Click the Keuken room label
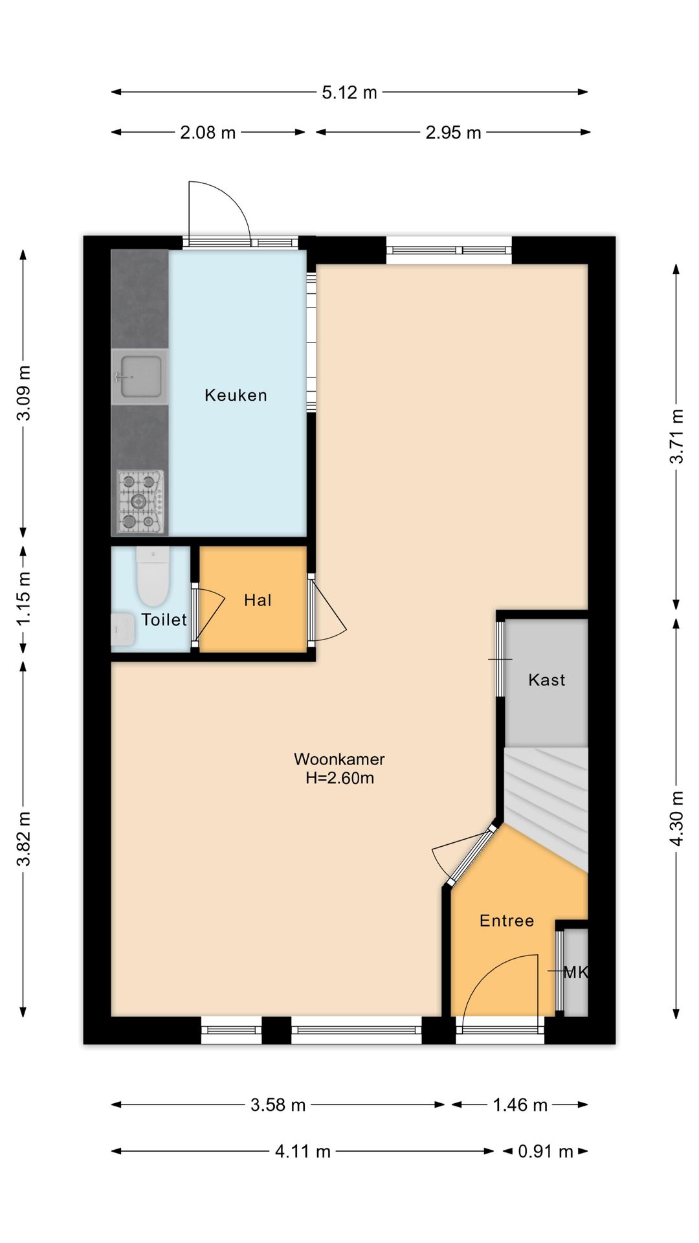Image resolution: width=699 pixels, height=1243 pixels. [236, 395]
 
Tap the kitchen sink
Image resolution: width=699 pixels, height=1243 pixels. [140, 377]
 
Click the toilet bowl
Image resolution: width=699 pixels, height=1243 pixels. [153, 576]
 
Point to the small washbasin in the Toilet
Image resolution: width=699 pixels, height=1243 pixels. [123, 629]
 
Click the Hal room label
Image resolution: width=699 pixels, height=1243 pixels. [258, 600]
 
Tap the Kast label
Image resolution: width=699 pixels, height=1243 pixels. [547, 680]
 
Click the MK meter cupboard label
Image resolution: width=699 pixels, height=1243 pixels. [576, 972]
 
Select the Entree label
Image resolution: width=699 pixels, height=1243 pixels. [507, 921]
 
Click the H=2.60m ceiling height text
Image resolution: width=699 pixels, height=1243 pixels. [340, 778]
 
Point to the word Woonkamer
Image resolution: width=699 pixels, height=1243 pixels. [340, 759]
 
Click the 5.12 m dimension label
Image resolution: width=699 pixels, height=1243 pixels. [349, 93]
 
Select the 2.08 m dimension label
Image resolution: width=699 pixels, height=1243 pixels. [208, 133]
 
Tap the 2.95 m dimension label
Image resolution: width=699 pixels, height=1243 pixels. [453, 133]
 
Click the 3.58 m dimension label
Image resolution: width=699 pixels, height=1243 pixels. [278, 1105]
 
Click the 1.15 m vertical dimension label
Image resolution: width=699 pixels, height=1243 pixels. [23, 599]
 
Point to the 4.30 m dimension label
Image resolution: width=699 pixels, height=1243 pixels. [676, 818]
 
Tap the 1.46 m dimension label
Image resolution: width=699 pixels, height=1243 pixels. [520, 1105]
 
